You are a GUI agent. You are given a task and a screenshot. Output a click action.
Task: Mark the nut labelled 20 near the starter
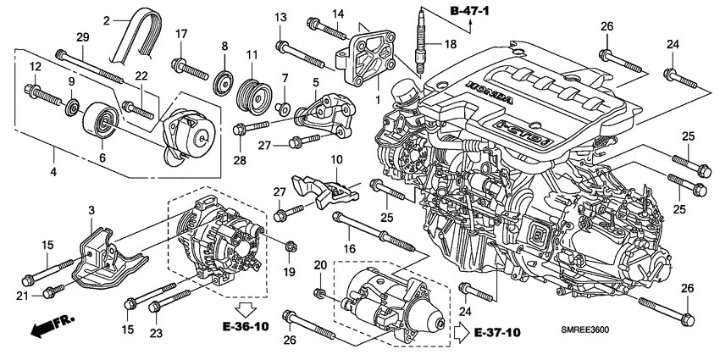tap(320, 293)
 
